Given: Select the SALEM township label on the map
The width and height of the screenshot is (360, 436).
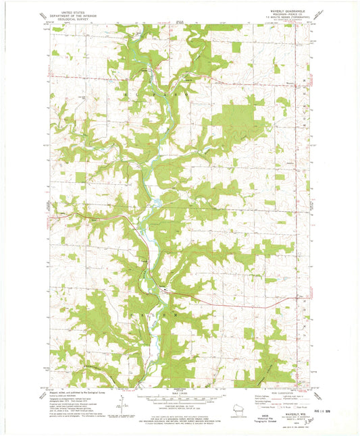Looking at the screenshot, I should [x=160, y=314].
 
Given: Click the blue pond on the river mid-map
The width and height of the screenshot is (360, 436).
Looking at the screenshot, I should [x=155, y=201].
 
